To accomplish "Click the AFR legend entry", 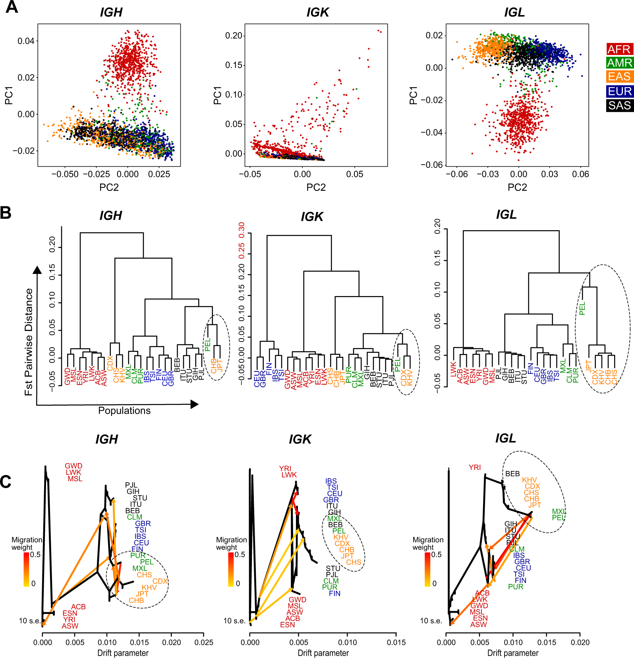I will click(x=619, y=49).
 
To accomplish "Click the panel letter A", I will click(x=12, y=7).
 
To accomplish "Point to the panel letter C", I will click(x=6, y=482).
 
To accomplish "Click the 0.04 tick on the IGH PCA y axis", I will click(x=26, y=41).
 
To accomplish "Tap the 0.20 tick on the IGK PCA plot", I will click(x=234, y=36).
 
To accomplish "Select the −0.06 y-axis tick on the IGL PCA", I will click(x=432, y=165).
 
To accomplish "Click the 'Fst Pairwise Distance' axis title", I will click(x=29, y=342).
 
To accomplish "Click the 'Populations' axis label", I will click(x=124, y=411).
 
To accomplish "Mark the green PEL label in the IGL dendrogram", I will click(x=582, y=308).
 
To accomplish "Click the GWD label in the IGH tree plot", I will click(x=73, y=466).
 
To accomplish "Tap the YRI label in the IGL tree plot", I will click(x=475, y=468).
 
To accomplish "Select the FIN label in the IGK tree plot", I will click(x=334, y=593).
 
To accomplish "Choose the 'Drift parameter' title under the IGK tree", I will click(x=323, y=653).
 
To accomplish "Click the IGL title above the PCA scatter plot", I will click(x=514, y=12).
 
